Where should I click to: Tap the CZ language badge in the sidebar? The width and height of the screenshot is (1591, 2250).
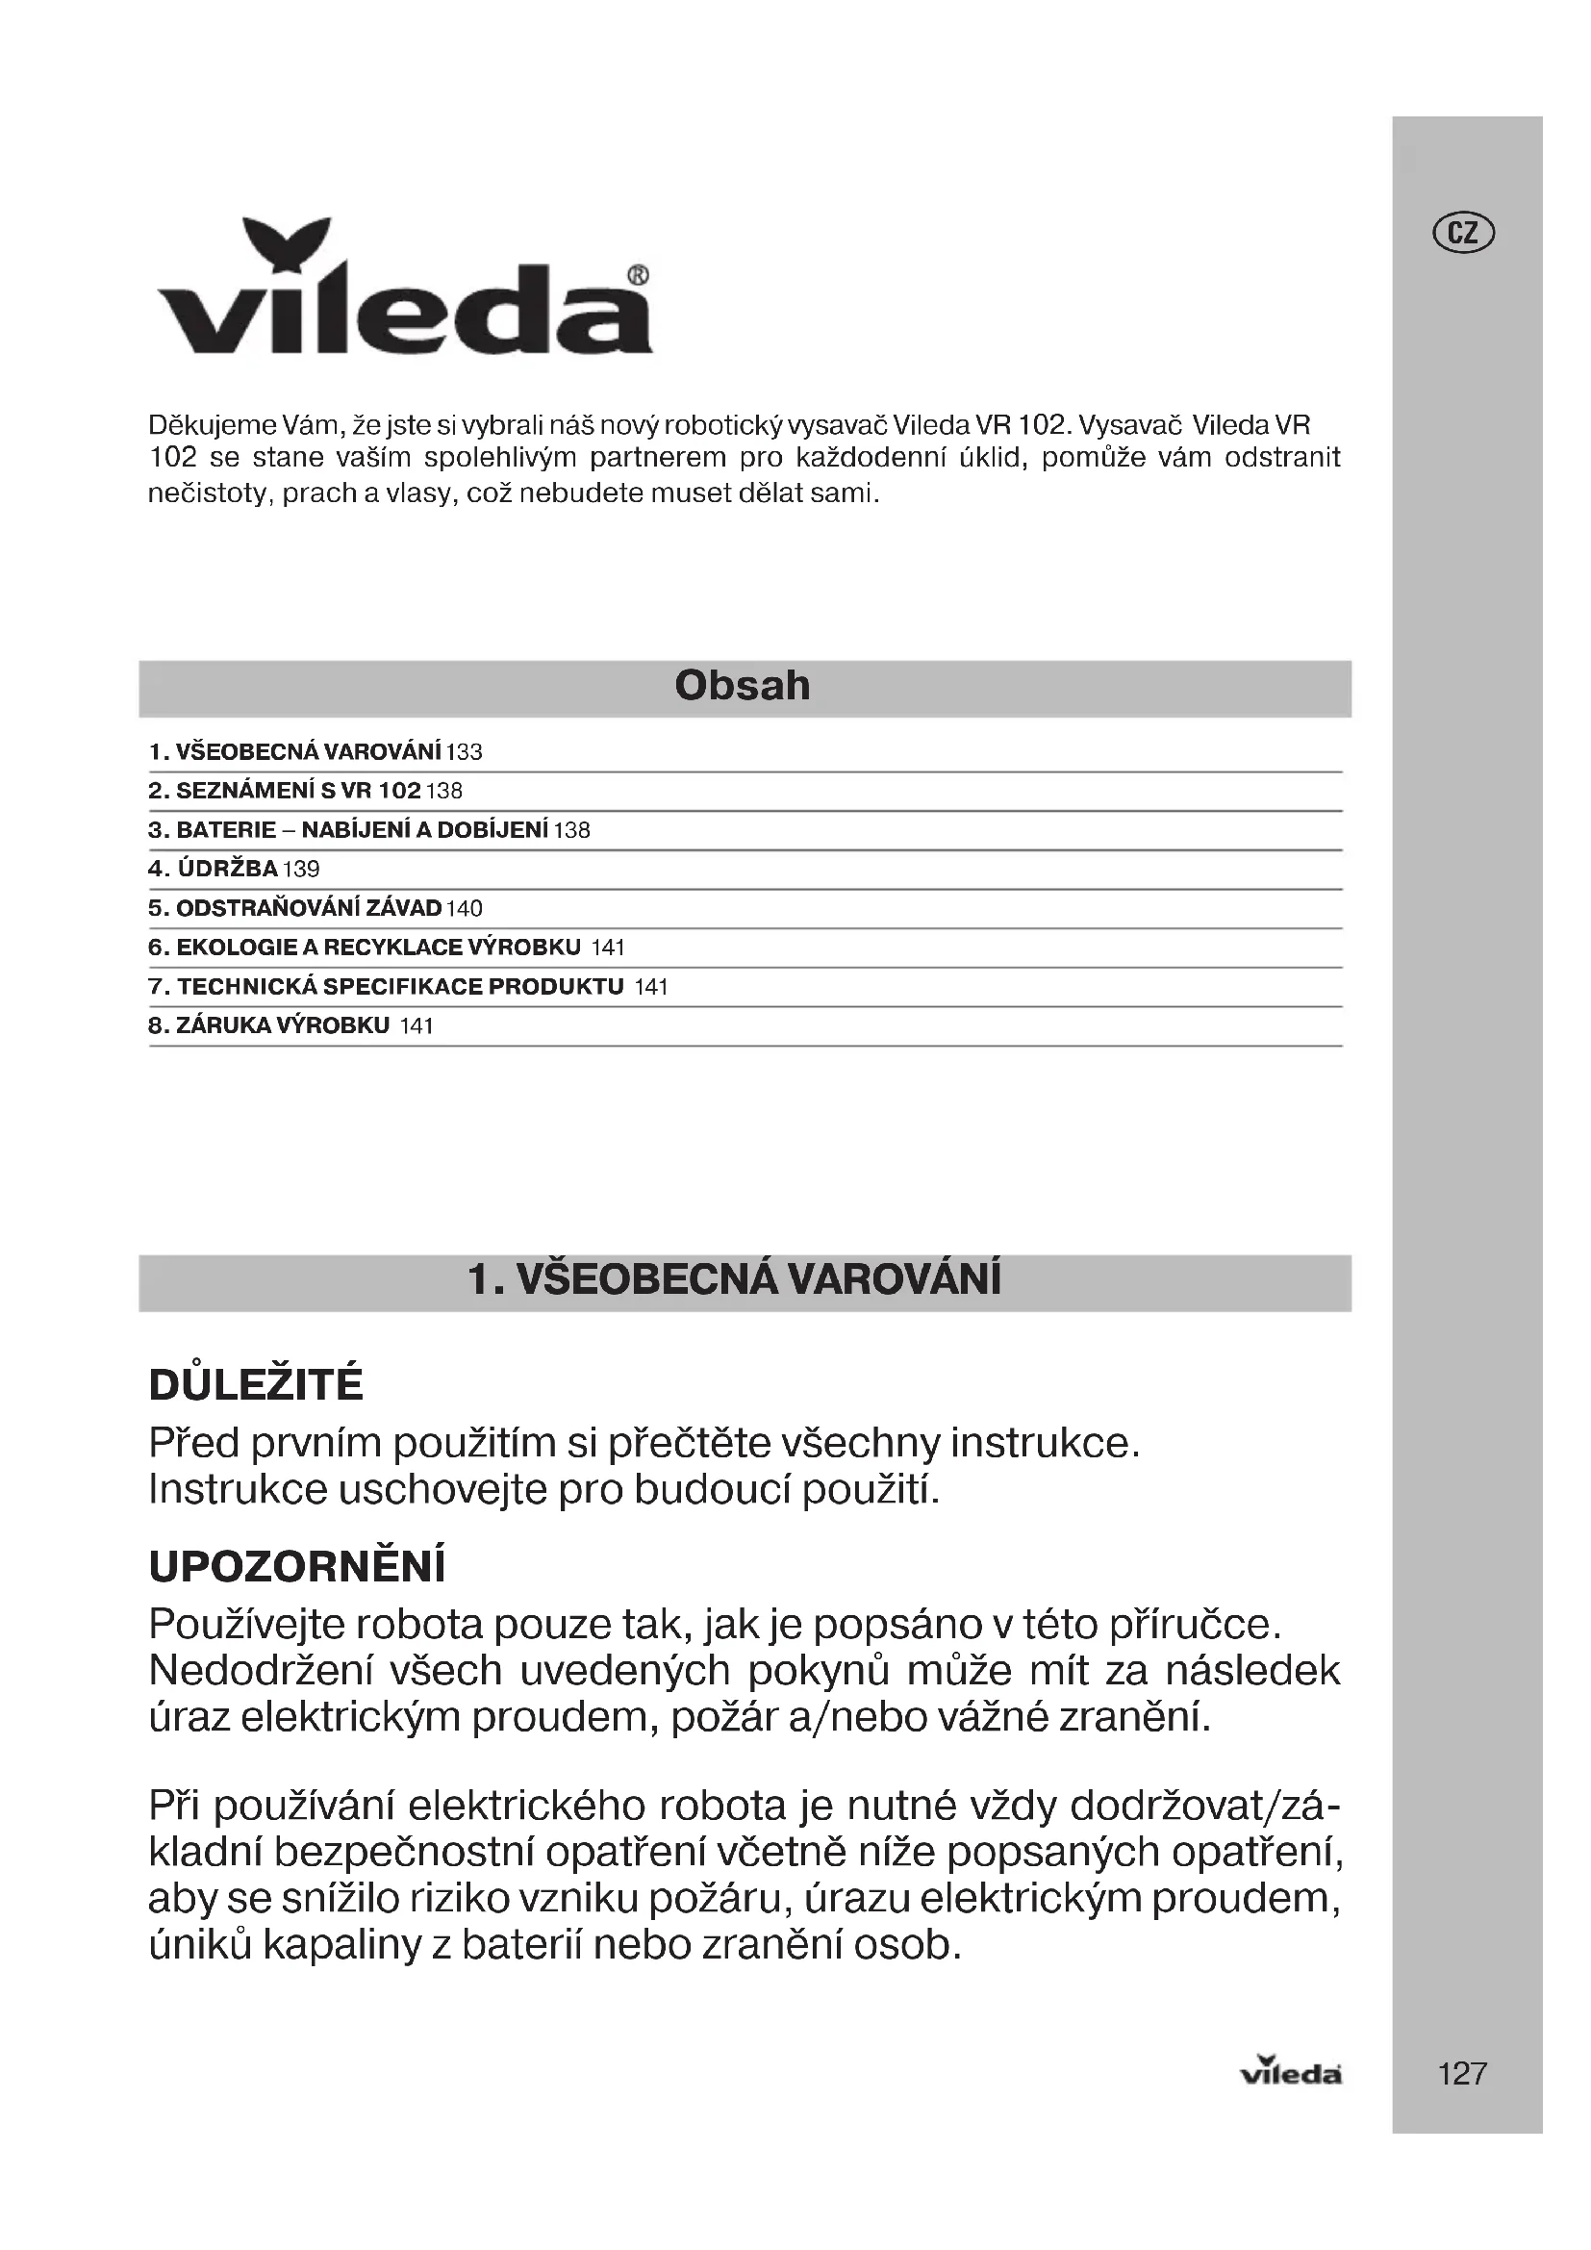coord(1464,233)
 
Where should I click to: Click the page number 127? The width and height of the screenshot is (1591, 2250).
coord(1463,2073)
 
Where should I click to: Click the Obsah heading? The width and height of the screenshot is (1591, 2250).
coord(743,686)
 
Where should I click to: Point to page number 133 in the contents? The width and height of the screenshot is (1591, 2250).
coord(465,752)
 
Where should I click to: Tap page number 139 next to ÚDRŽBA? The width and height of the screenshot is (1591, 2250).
coord(302,870)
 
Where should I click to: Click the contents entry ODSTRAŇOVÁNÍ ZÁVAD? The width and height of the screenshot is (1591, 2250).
coord(308,908)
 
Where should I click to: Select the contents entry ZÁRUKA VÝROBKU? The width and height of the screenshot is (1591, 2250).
coord(282,1026)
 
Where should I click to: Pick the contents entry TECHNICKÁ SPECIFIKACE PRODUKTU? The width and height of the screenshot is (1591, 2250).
coord(400,987)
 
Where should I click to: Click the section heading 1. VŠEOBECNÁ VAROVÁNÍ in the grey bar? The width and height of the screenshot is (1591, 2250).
coord(735,1279)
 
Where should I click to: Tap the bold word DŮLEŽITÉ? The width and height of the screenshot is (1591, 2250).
coord(256,1385)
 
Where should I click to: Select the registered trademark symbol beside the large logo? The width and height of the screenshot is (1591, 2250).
coord(637,275)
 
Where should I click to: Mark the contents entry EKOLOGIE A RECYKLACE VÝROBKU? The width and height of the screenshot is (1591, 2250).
coord(378,948)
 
